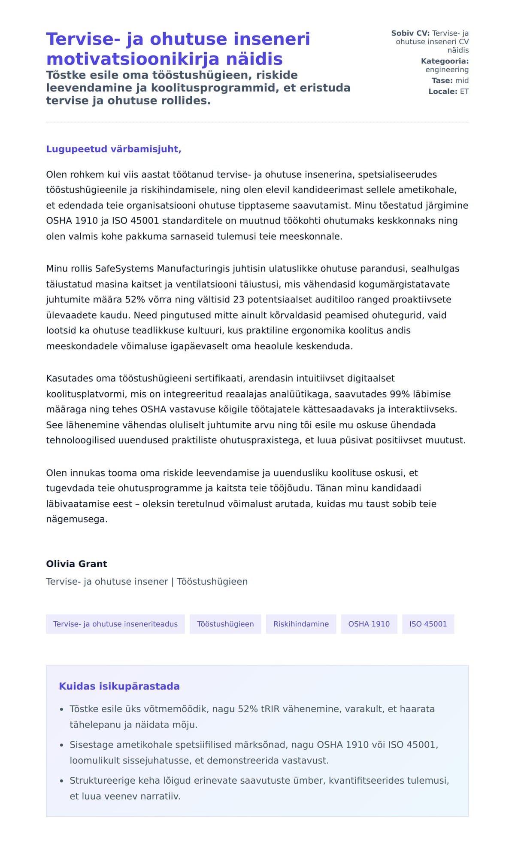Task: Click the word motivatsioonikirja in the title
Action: (x=164, y=59)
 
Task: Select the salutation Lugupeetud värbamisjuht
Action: (x=114, y=149)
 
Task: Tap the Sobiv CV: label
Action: (x=410, y=33)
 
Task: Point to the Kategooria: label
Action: (x=445, y=61)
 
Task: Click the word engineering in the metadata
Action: (x=447, y=70)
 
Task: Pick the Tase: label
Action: (x=442, y=80)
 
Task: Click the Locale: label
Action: (x=443, y=91)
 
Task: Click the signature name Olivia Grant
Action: (x=76, y=564)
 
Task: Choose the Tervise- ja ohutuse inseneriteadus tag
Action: (x=115, y=624)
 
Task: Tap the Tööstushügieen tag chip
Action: (x=225, y=624)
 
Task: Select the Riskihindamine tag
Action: (x=301, y=624)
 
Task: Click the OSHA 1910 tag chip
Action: (x=369, y=624)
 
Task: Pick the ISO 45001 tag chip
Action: (x=428, y=624)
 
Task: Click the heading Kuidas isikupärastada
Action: (x=119, y=686)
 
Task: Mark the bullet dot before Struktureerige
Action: (x=61, y=781)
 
